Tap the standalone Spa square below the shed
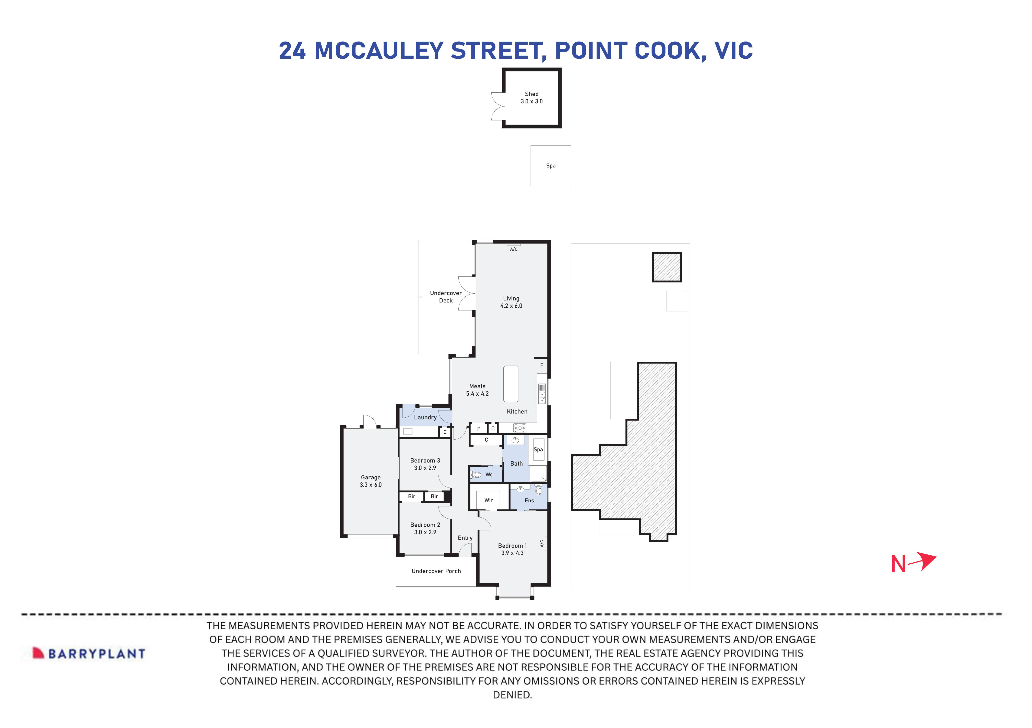click(551, 166)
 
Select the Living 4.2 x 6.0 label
click(511, 302)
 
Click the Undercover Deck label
click(445, 297)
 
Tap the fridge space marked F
click(542, 365)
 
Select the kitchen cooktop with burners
click(520, 428)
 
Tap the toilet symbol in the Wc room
click(477, 475)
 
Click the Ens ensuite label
click(529, 501)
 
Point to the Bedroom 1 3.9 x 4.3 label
click(512, 549)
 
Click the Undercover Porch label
click(436, 571)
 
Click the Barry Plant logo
click(89, 653)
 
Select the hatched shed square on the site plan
click(667, 267)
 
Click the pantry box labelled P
click(479, 429)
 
